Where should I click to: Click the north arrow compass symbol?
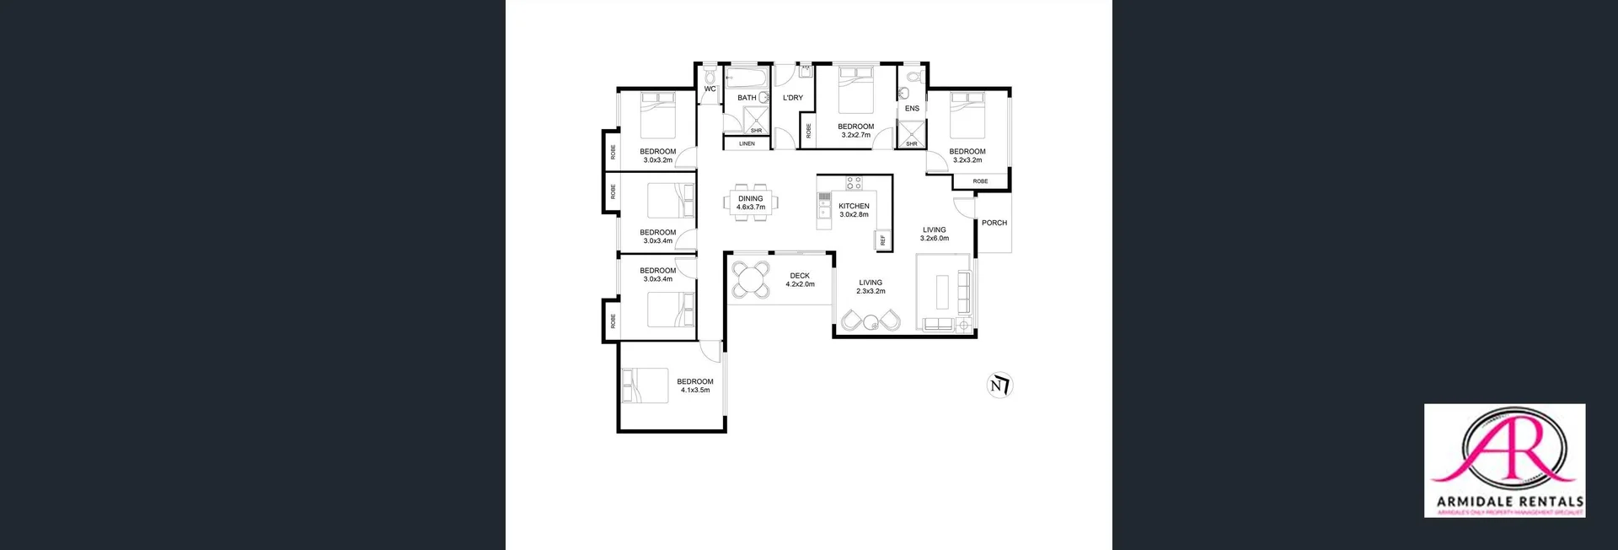pos(999,386)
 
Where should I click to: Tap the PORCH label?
pos(994,223)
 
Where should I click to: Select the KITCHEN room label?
pos(854,206)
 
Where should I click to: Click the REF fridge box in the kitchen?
pos(882,240)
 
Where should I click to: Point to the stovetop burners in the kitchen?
pos(854,182)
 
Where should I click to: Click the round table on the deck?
pos(750,280)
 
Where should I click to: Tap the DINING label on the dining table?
pos(750,199)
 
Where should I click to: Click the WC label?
pos(710,89)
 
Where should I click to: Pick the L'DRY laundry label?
pos(793,98)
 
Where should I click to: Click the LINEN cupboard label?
pos(747,143)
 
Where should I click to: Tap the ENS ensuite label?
pos(912,109)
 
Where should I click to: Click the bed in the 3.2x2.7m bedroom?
pos(855,91)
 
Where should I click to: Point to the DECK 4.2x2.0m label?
pos(800,280)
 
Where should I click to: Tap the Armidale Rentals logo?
pos(1504,460)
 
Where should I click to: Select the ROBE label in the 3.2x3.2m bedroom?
pos(980,181)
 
